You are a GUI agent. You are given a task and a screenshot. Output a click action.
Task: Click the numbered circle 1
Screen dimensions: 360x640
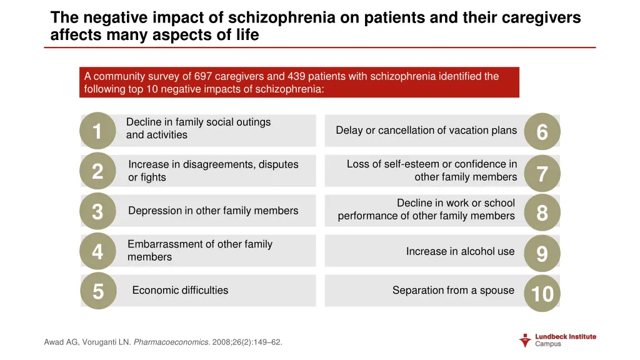pos(97,131)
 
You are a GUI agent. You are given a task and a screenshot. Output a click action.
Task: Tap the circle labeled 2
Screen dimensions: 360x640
pos(97,171)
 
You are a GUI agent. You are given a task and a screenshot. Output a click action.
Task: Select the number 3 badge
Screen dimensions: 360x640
pos(97,212)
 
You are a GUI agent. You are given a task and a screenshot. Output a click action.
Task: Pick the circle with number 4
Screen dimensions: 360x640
pos(97,251)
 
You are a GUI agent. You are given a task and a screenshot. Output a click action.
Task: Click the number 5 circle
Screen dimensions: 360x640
pos(98,291)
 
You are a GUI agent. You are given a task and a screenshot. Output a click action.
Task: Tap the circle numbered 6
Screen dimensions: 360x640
pos(542,132)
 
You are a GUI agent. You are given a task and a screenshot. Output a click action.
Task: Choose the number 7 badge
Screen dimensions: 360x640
pos(542,173)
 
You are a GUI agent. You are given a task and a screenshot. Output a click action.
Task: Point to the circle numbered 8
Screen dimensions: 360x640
pos(542,213)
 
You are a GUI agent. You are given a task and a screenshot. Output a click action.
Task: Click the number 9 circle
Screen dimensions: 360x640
pos(542,254)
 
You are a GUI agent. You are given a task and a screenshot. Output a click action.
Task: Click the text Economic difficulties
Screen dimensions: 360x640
pos(180,290)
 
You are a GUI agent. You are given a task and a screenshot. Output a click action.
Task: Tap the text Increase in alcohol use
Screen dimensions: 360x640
pos(460,251)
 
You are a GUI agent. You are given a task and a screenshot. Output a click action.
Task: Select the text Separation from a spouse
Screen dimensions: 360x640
pos(453,290)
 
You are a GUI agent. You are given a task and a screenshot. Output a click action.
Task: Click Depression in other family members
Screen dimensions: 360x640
pos(213,211)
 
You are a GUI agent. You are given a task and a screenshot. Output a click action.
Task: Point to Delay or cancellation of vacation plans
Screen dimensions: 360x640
pos(426,130)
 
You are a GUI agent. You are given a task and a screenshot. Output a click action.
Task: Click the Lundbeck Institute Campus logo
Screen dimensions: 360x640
pos(557,340)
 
